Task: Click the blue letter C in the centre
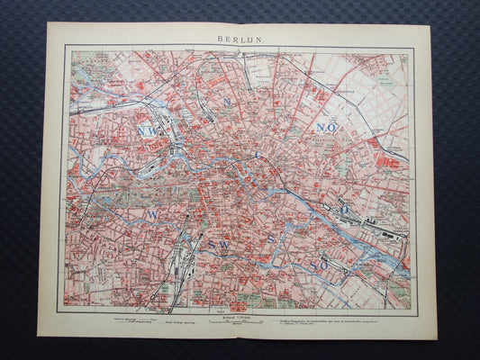coord(256,154)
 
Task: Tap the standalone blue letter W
coord(153,215)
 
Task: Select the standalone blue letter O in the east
coord(343,209)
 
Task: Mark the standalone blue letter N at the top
coord(227,102)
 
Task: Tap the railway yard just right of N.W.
coord(171,126)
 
